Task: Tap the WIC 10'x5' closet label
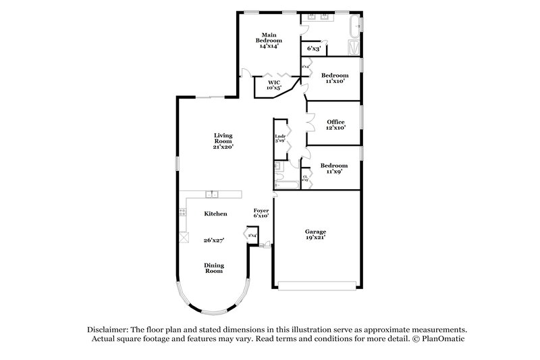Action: pyautogui.click(x=273, y=84)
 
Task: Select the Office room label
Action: pyautogui.click(x=335, y=125)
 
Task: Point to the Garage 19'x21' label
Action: pyautogui.click(x=317, y=234)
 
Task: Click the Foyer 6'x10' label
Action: pyautogui.click(x=261, y=213)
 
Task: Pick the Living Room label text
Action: pyautogui.click(x=223, y=140)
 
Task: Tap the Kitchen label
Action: pyautogui.click(x=215, y=213)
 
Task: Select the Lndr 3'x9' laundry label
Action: pyautogui.click(x=280, y=138)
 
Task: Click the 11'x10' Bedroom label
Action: pyautogui.click(x=334, y=78)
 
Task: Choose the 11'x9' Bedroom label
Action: pyautogui.click(x=333, y=169)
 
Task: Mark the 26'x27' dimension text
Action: pyautogui.click(x=215, y=240)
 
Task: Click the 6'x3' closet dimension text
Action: pyautogui.click(x=313, y=49)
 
